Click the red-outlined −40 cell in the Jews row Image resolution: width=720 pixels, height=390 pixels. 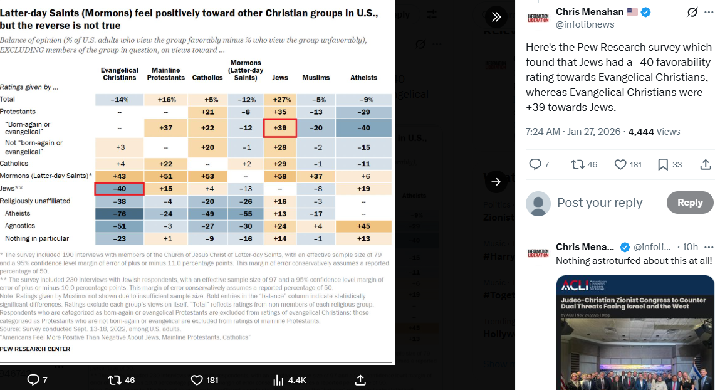click(x=119, y=189)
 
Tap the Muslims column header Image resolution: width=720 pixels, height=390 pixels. click(x=316, y=78)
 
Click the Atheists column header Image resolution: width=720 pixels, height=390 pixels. click(x=363, y=78)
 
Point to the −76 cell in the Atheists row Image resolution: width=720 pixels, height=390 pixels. click(x=119, y=214)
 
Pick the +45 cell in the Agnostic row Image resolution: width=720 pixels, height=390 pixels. click(x=363, y=226)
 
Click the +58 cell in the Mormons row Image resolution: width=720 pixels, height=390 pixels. click(x=279, y=176)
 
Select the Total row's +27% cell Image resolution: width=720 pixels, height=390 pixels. click(x=279, y=99)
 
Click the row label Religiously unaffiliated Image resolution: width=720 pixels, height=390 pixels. click(x=35, y=201)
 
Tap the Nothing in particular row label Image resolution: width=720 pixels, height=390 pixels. click(x=37, y=239)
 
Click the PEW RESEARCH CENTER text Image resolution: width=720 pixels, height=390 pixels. click(x=35, y=349)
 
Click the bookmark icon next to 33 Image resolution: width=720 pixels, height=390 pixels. click(x=663, y=164)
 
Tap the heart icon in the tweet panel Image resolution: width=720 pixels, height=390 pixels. click(x=620, y=164)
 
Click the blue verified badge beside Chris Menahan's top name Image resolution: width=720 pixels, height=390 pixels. click(x=645, y=12)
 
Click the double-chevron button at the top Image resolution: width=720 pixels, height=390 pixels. click(x=496, y=16)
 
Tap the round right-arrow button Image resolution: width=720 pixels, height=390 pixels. click(x=496, y=182)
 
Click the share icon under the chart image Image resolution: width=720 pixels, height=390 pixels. click(x=360, y=380)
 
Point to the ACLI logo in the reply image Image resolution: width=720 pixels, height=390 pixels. click(x=574, y=287)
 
